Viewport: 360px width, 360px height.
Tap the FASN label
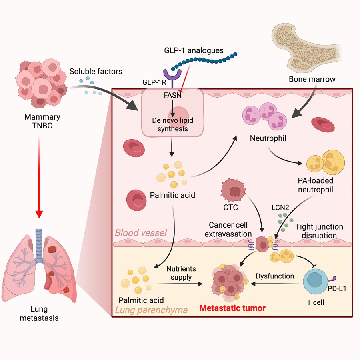pos(172,95)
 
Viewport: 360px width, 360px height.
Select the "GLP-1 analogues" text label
pos(194,50)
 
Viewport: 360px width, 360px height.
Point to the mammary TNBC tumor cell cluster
pos(41,83)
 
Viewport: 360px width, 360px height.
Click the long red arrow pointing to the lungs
pos(39,177)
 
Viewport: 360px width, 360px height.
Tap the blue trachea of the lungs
pos(39,246)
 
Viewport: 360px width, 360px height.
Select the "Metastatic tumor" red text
pos(232,308)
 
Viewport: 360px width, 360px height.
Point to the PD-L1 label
pos(337,288)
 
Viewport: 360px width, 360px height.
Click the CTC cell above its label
pos(233,190)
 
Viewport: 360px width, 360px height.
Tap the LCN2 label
pos(280,208)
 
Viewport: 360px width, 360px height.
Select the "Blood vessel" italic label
pos(141,233)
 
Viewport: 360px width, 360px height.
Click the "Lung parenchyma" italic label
pos(151,310)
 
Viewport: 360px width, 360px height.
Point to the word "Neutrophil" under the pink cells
pos(268,138)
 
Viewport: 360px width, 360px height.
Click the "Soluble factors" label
pos(96,72)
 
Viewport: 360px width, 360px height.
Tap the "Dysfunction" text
pos(275,276)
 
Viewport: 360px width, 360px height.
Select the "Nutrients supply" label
pos(181,273)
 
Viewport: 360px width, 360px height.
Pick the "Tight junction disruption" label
pos(319,231)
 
